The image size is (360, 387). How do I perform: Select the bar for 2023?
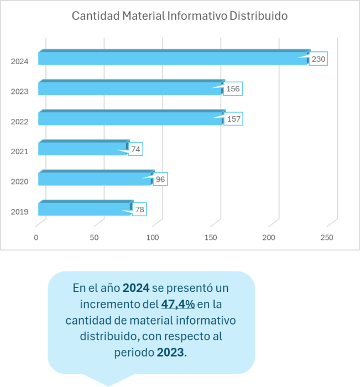130,88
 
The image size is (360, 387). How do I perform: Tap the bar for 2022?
130,118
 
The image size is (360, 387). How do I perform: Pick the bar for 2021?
83,148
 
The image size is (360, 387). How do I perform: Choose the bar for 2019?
85,209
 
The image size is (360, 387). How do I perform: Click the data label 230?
318,59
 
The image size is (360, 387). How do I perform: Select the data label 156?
233,88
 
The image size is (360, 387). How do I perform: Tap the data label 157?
233,119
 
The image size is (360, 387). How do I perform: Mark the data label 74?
136,149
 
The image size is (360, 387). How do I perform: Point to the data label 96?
160,179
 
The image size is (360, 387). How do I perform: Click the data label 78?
140,210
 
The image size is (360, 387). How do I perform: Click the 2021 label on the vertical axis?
19,151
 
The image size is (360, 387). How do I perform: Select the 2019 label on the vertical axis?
19,212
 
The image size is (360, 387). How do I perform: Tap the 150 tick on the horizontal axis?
211,238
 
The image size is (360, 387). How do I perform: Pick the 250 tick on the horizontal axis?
326,238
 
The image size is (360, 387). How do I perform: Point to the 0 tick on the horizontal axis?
36,238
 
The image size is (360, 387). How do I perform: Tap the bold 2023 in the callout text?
170,352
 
